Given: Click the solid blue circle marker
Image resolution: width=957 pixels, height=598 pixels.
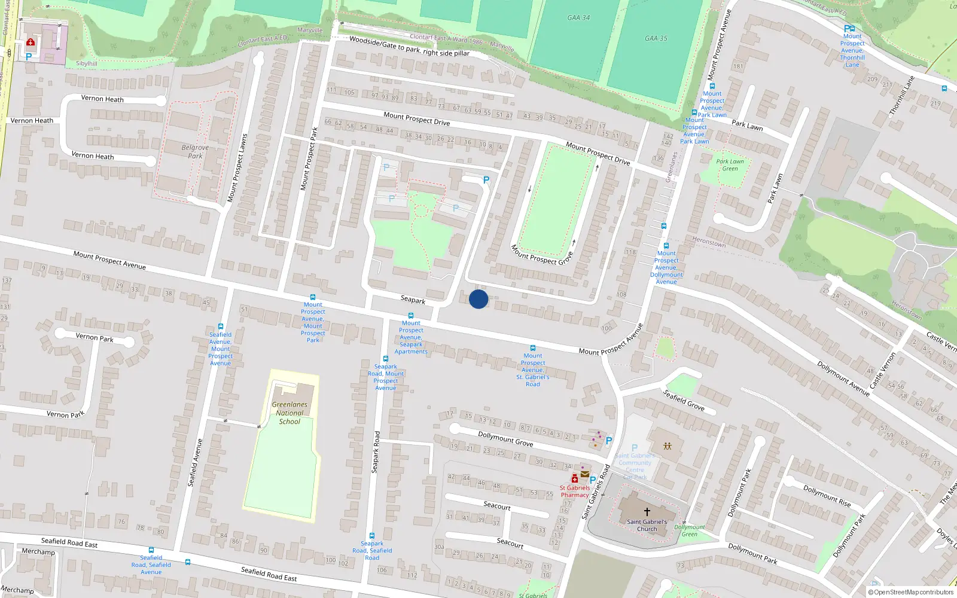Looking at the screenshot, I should tap(478, 299).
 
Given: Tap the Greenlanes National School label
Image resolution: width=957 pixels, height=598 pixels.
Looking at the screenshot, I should tap(289, 413).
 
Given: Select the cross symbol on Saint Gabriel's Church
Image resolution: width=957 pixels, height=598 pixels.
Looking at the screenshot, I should tap(647, 512).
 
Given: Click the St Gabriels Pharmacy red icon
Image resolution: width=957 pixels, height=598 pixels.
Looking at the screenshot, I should tap(575, 479).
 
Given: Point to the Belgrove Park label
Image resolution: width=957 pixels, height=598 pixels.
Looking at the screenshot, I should tap(195, 151).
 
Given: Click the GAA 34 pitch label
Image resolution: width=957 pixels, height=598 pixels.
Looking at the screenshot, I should tap(578, 18).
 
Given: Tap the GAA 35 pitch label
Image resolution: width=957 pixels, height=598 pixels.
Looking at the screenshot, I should tap(656, 38).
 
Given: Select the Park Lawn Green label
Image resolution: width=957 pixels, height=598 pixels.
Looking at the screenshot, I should tap(730, 165).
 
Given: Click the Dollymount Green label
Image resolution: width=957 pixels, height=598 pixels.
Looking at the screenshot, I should tap(690, 530).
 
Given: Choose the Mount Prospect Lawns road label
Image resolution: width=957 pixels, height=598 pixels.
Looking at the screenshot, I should tap(237, 168).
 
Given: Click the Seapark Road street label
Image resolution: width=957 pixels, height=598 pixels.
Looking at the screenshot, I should tap(376, 452).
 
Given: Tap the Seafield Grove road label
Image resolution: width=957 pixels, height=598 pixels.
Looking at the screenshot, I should tap(684, 400).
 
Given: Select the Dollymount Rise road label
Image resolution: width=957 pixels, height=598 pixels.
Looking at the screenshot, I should tap(827, 496).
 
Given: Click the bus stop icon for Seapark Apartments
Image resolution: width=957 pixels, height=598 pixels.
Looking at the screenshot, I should tap(410, 316).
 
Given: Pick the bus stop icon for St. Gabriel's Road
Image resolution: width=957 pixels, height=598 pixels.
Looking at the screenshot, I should tap(532, 348).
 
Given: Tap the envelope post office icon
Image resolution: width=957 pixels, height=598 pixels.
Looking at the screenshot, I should tap(585, 474).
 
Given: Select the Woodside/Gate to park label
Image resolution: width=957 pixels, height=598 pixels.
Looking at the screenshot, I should tap(409, 46).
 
